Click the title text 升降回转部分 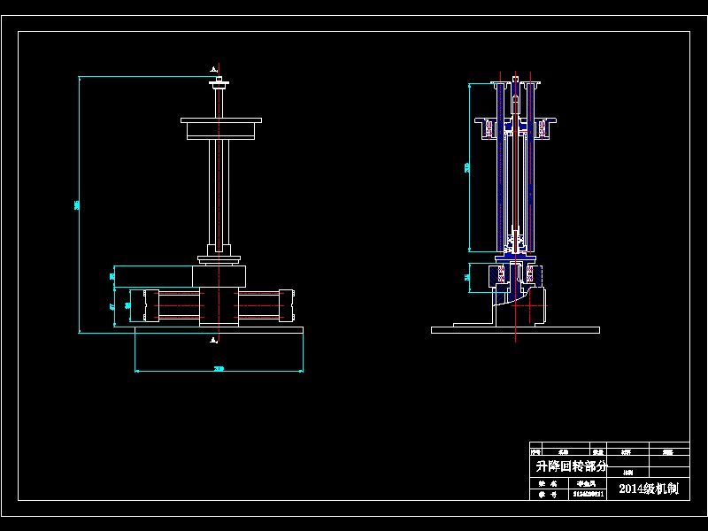click(x=572, y=466)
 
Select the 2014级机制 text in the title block click(x=648, y=488)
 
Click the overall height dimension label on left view click(x=77, y=205)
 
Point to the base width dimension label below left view click(x=219, y=368)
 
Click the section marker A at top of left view click(x=212, y=68)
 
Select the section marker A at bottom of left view click(x=213, y=337)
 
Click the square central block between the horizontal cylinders click(x=219, y=305)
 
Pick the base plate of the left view click(x=219, y=329)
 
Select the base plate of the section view click(x=515, y=329)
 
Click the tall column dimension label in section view click(x=467, y=167)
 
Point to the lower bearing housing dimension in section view click(x=467, y=277)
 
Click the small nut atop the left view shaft click(x=218, y=85)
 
